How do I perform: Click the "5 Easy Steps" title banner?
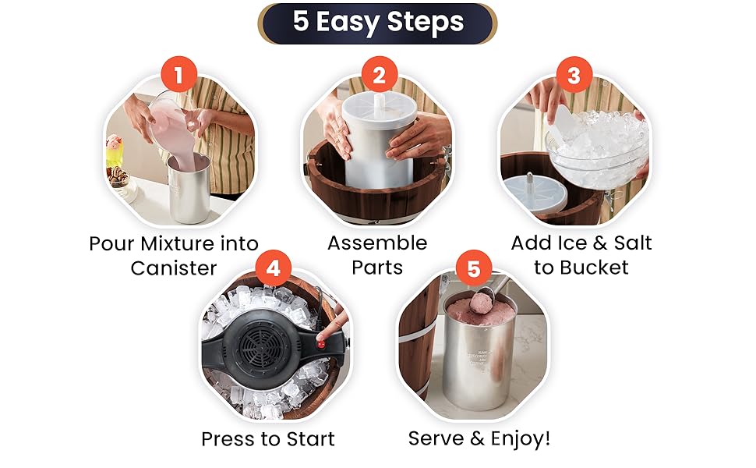pyautogui.click(x=377, y=23)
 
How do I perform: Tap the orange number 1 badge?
pyautogui.click(x=179, y=75)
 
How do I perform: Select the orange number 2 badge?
pyautogui.click(x=379, y=75)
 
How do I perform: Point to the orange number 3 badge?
pyautogui.click(x=574, y=75)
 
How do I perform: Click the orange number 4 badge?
pyautogui.click(x=274, y=268)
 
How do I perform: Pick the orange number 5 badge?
pyautogui.click(x=474, y=268)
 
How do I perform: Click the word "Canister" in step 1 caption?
pyautogui.click(x=174, y=268)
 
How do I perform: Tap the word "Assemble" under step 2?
pyautogui.click(x=377, y=243)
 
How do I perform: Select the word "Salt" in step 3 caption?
pyautogui.click(x=633, y=243)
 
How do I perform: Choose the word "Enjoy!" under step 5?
pyautogui.click(x=520, y=438)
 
